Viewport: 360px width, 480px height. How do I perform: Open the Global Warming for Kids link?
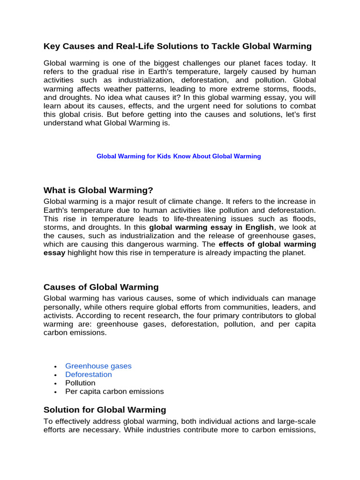click(134, 157)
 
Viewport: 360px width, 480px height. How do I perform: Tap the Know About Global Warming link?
click(217, 157)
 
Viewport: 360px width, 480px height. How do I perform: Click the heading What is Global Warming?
click(98, 190)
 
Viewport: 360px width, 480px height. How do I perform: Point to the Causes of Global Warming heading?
click(101, 287)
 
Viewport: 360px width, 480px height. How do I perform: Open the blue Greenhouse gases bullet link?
click(98, 366)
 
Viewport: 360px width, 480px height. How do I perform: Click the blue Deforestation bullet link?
click(89, 375)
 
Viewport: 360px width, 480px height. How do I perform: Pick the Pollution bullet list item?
click(80, 383)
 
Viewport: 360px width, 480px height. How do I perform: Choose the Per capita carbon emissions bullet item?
click(114, 391)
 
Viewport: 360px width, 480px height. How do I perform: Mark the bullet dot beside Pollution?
click(55, 383)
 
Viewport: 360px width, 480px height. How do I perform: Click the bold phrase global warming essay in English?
click(211, 227)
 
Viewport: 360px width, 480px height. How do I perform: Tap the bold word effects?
click(233, 244)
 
